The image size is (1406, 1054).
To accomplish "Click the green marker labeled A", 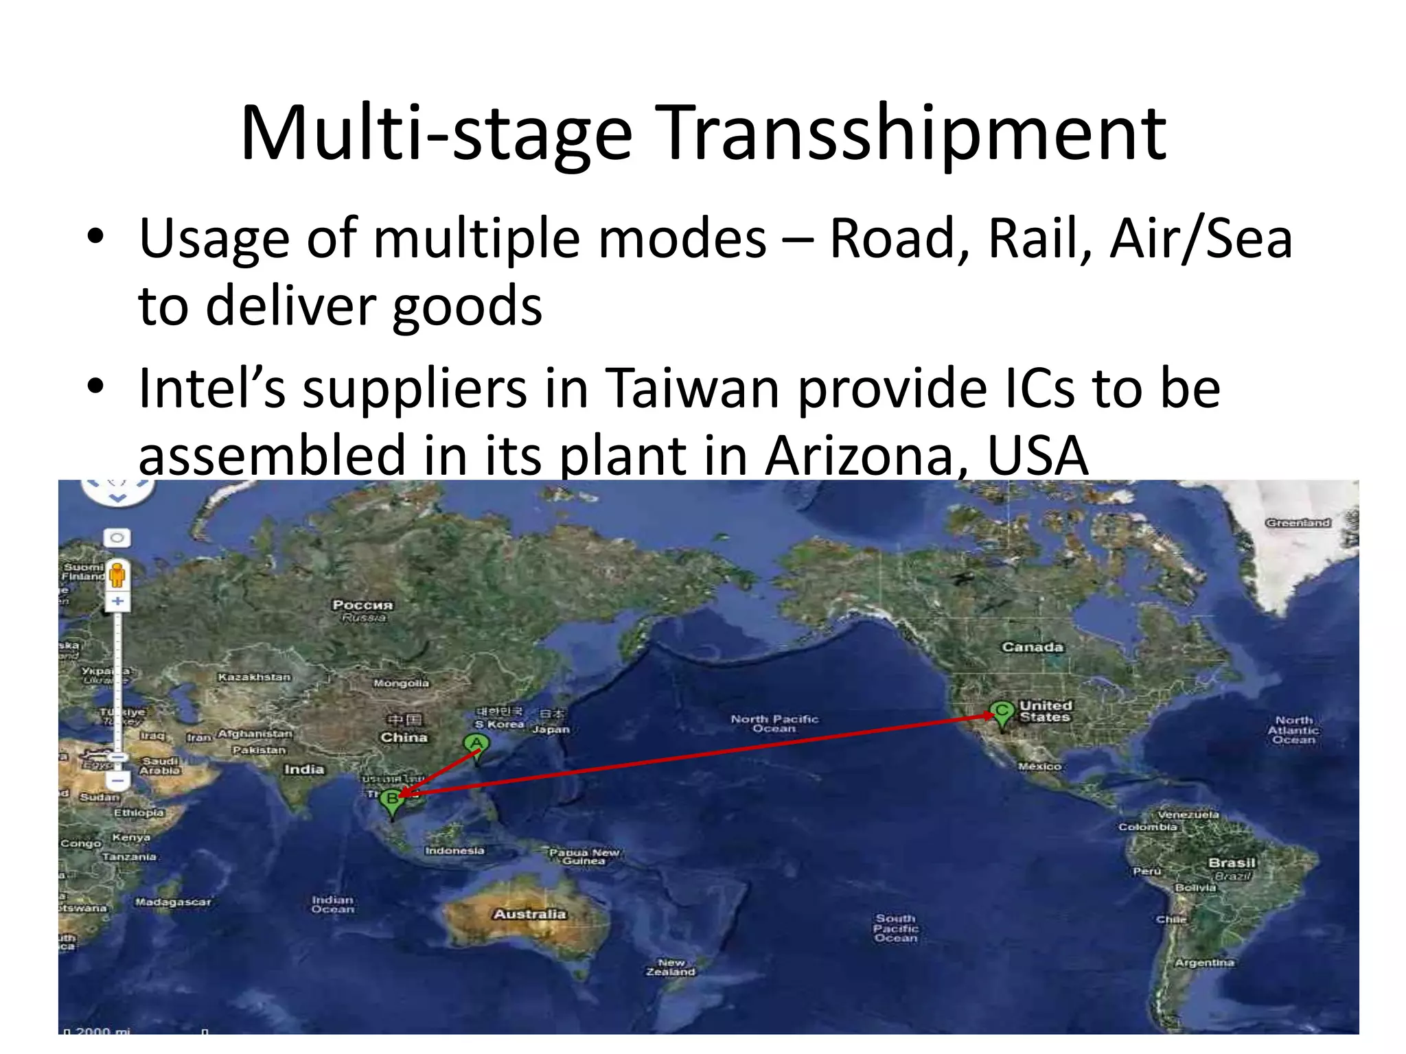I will (476, 745).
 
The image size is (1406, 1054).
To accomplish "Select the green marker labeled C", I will (1002, 712).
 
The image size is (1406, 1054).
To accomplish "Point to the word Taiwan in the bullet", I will (693, 388).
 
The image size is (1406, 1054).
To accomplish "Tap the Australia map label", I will (529, 914).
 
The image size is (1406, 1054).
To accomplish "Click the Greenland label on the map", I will (1298, 523).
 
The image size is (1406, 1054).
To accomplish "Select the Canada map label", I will (1032, 647).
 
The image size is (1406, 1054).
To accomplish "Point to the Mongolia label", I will (401, 683).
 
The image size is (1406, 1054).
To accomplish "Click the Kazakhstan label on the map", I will (254, 677).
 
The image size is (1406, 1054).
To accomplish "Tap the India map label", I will (304, 769).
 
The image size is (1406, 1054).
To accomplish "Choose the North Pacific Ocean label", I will (774, 723).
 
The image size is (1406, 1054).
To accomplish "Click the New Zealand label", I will (671, 968).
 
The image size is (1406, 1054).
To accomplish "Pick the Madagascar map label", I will (173, 902).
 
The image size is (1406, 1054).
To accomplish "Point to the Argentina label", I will (1204, 963).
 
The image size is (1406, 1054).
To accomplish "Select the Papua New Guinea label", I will (584, 856).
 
